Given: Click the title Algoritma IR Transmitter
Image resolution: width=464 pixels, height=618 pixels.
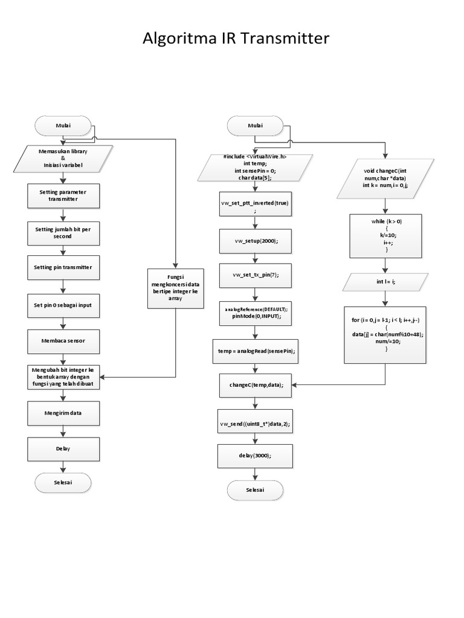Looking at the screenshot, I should pyautogui.click(x=236, y=39).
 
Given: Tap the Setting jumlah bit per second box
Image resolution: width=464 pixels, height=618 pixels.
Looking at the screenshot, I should pyautogui.click(x=63, y=232).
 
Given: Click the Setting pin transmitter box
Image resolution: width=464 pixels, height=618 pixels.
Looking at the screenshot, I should pyautogui.click(x=63, y=266).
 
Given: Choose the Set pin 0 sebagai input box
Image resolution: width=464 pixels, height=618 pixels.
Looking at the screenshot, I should pyautogui.click(x=63, y=305).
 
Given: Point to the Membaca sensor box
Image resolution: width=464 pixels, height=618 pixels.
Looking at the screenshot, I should pyautogui.click(x=63, y=341).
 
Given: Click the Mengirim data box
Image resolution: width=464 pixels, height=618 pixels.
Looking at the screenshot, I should pyautogui.click(x=63, y=413).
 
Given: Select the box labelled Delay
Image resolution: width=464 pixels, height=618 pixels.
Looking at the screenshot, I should pyautogui.click(x=63, y=448).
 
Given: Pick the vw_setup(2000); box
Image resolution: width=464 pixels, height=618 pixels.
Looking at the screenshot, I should pyautogui.click(x=255, y=240).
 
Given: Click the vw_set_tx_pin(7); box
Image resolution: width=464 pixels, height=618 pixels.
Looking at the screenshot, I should pyautogui.click(x=255, y=275).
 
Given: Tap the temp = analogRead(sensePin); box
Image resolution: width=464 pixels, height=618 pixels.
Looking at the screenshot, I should pyautogui.click(x=255, y=351).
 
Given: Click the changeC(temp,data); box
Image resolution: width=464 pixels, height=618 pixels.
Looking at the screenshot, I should pyautogui.click(x=255, y=384).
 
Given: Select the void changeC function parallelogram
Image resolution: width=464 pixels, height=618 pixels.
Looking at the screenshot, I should pyautogui.click(x=385, y=179).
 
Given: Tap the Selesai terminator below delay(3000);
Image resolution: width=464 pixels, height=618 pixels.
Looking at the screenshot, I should pyautogui.click(x=255, y=490).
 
